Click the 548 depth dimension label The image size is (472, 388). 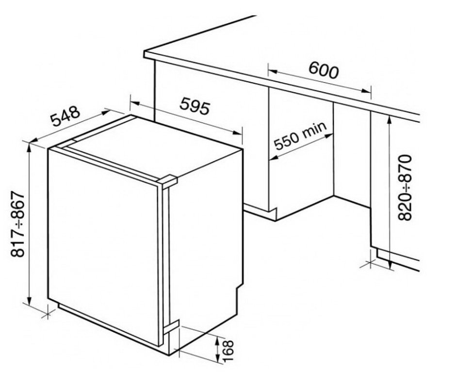(x=65, y=118)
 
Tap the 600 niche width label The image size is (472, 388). (x=323, y=71)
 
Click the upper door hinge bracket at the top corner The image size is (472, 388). (x=168, y=181)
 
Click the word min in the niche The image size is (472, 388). (x=316, y=129)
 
